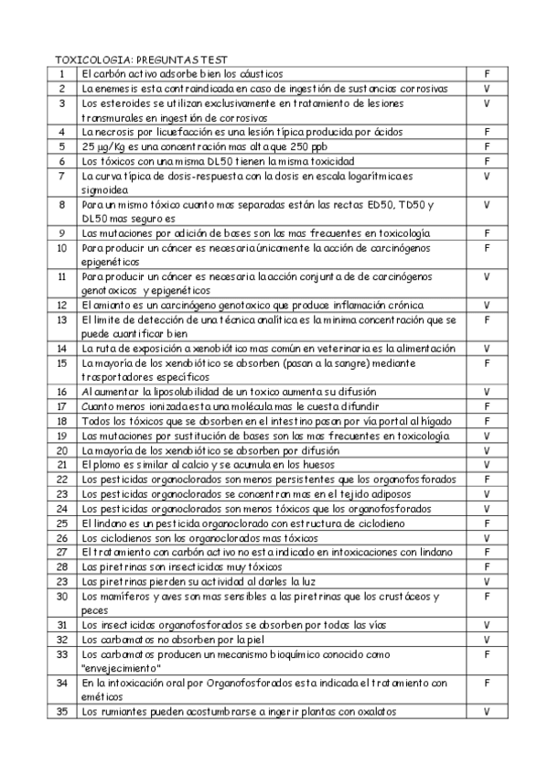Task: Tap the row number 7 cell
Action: point(61,176)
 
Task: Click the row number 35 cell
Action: point(61,711)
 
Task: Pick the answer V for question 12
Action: point(487,304)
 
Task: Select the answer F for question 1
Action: point(487,73)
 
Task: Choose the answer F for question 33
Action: point(487,655)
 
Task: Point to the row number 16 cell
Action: point(61,392)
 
